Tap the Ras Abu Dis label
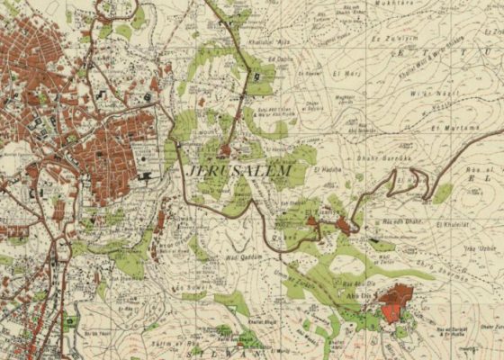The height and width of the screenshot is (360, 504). [357, 286]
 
